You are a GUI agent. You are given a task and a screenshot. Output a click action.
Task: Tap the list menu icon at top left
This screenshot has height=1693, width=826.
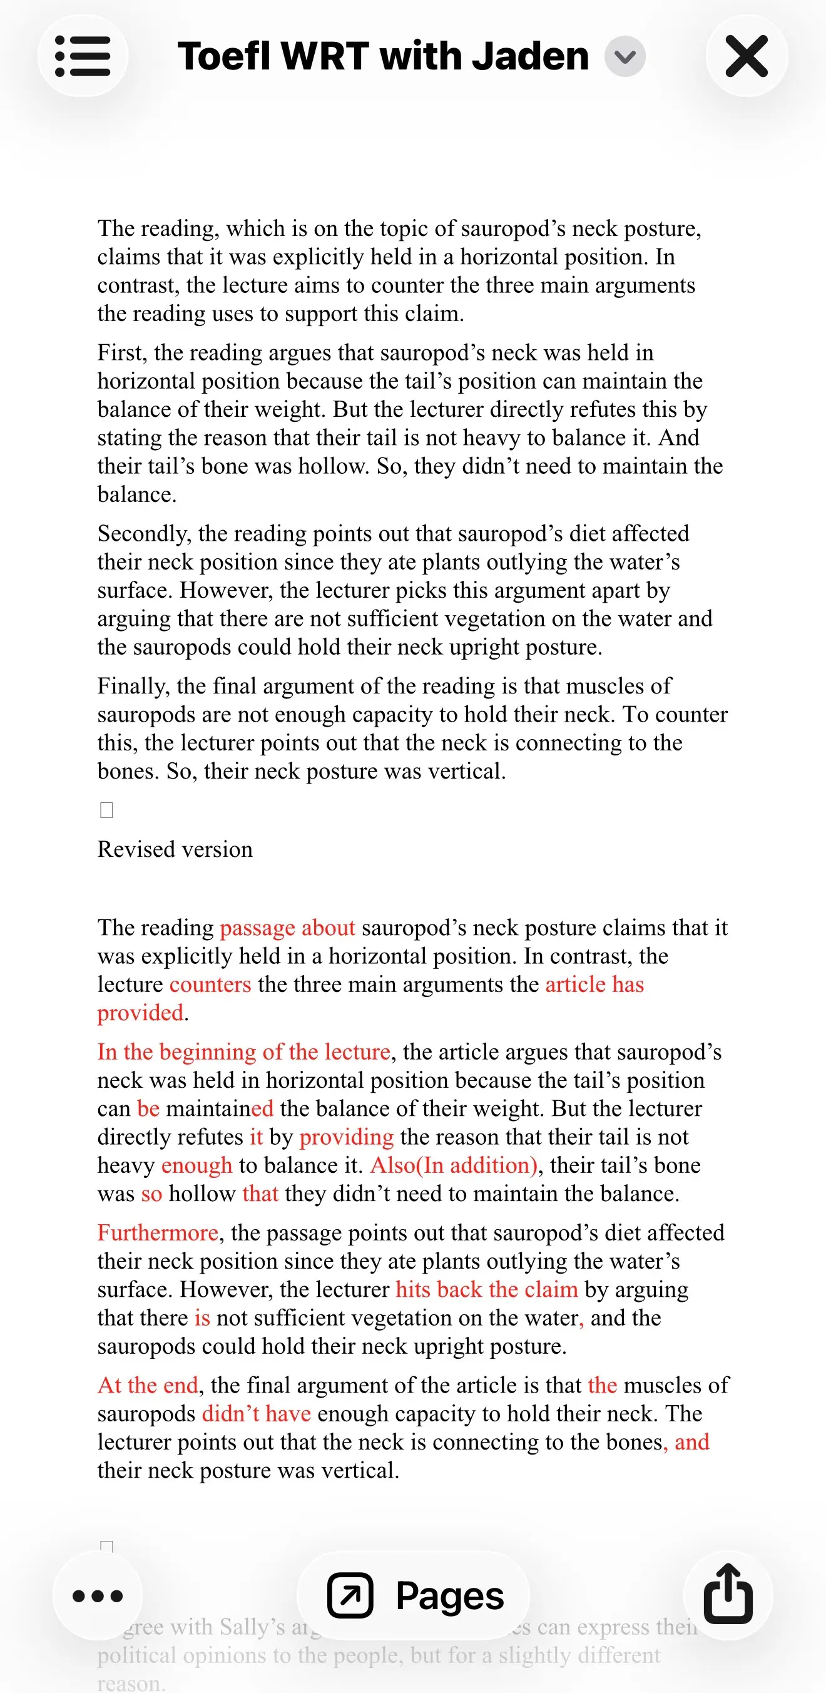83,56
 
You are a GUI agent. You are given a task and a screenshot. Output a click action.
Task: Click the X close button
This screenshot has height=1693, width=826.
747,56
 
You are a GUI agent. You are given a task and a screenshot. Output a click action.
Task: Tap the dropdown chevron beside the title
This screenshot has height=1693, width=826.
625,56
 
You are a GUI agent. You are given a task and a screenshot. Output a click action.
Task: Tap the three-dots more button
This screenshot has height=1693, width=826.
97,1595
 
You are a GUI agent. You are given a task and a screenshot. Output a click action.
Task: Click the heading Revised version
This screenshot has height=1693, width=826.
175,849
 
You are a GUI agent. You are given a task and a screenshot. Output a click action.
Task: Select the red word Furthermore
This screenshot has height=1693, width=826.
158,1232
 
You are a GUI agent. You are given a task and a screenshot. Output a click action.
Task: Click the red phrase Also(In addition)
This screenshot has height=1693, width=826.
454,1165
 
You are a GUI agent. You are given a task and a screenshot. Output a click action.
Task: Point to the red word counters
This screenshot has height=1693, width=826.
210,985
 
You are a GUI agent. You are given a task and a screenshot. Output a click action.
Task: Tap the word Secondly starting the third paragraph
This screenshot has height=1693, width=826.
143,533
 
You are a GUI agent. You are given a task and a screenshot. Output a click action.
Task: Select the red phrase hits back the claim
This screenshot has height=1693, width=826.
486,1289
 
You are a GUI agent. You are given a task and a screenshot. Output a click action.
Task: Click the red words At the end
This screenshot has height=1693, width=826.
148,1385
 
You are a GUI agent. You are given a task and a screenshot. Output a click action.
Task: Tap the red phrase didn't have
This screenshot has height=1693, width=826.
257,1413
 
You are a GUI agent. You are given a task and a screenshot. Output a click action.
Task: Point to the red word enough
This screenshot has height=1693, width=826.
196,1165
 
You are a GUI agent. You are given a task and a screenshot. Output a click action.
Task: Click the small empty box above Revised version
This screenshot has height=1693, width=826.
106,811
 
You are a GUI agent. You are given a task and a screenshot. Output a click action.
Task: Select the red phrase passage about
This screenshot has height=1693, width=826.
287,928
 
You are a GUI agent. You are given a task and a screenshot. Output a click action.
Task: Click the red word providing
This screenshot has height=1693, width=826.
346,1137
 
